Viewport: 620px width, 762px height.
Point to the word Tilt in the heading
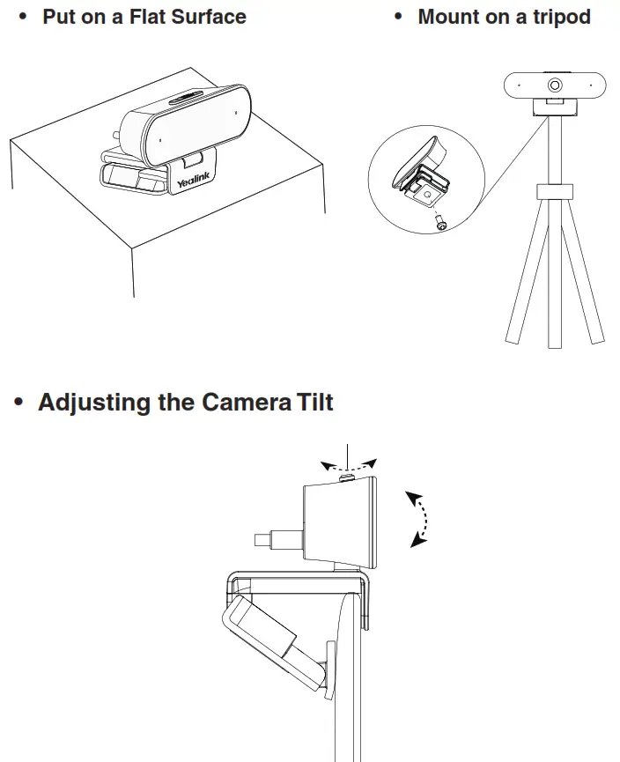pyautogui.click(x=312, y=403)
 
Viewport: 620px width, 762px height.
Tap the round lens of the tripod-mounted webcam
pyautogui.click(x=556, y=85)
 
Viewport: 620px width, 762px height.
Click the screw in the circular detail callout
pyautogui.click(x=440, y=225)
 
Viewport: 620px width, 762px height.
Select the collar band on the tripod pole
pyautogui.click(x=555, y=193)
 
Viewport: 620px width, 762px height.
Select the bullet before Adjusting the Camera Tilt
pyautogui.click(x=19, y=403)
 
